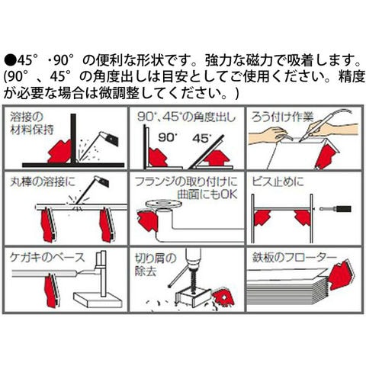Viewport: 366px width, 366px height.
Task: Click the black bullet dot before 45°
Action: (x=10, y=61)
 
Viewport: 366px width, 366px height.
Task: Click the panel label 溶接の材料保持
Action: (x=32, y=124)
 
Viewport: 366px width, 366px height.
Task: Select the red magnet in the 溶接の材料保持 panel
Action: (x=60, y=152)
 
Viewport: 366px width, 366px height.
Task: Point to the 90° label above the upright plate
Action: (x=168, y=137)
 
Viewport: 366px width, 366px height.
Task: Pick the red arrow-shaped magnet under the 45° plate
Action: (x=217, y=158)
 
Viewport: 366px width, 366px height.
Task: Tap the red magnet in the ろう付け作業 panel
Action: (x=327, y=155)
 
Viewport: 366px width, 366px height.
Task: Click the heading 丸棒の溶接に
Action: (x=43, y=181)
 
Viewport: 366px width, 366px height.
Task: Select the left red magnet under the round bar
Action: (x=47, y=225)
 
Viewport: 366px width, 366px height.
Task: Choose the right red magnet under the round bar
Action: (x=106, y=225)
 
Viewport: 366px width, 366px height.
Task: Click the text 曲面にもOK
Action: (x=207, y=194)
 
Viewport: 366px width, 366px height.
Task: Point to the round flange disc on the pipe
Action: (x=164, y=204)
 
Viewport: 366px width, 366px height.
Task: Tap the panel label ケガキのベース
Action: (x=47, y=258)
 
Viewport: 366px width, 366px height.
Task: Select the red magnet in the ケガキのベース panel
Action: (x=52, y=291)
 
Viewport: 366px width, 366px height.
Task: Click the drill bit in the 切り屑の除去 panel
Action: (x=192, y=279)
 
